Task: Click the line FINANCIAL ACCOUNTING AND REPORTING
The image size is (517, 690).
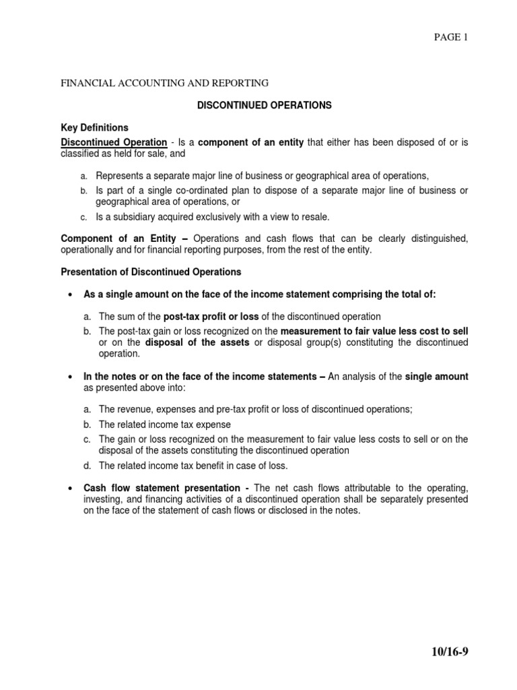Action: click(x=165, y=83)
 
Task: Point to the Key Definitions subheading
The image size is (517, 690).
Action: click(x=94, y=127)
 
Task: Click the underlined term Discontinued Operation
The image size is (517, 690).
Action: click(x=114, y=142)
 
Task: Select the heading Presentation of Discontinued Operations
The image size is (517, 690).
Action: click(x=151, y=272)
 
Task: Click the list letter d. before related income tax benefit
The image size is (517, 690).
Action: click(x=88, y=465)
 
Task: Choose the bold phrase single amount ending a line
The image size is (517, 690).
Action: click(x=436, y=377)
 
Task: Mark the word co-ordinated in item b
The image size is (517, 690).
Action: click(x=199, y=191)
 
